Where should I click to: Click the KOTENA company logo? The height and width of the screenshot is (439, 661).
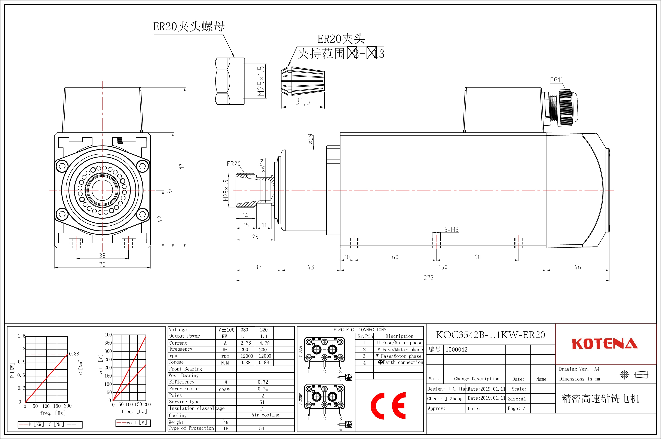pyautogui.click(x=605, y=344)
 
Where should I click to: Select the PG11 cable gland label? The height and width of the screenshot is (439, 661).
pyautogui.click(x=556, y=80)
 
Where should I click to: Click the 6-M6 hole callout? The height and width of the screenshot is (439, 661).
pyautogui.click(x=451, y=230)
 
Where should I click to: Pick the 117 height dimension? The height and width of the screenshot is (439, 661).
pyautogui.click(x=182, y=167)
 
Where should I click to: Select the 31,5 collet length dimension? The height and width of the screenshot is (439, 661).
pyautogui.click(x=303, y=102)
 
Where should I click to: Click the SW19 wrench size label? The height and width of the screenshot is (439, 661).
pyautogui.click(x=262, y=166)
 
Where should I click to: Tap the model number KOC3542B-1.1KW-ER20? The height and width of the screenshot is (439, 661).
pyautogui.click(x=491, y=335)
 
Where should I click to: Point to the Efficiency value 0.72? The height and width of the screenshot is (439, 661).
pyautogui.click(x=263, y=382)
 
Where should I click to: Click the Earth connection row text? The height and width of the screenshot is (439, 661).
pyautogui.click(x=403, y=362)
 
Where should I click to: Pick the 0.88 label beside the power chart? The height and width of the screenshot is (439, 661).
pyautogui.click(x=74, y=354)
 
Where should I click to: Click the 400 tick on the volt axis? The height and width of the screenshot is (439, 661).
pyautogui.click(x=108, y=335)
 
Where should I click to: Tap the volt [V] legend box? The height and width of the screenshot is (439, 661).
pyautogui.click(x=133, y=423)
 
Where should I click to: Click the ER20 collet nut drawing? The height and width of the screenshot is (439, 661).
pyautogui.click(x=229, y=81)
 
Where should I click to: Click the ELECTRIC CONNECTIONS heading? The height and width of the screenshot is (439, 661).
pyautogui.click(x=360, y=330)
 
